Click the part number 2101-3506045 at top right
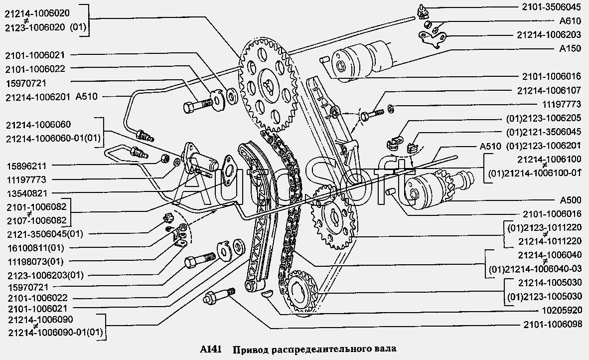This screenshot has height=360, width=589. point(552,8)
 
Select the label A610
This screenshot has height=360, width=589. point(571,21)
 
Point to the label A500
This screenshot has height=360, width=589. point(571,200)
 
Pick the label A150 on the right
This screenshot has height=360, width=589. point(571,49)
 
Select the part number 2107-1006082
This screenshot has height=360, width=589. point(35,220)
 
